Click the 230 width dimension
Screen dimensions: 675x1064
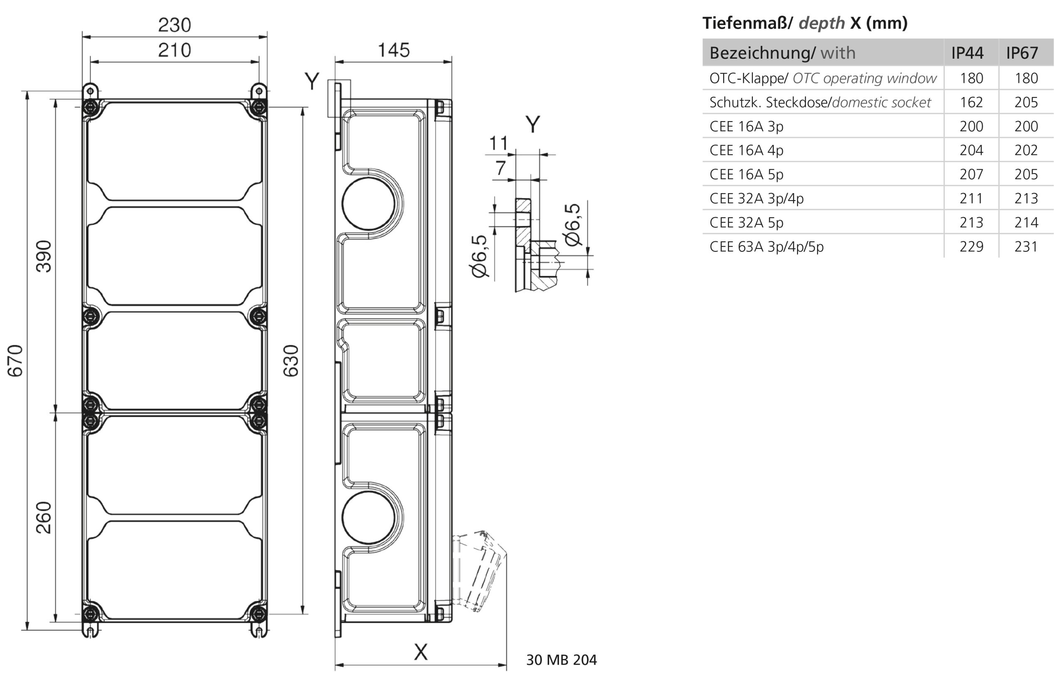pos(175,25)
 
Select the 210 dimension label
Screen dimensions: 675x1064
pos(175,50)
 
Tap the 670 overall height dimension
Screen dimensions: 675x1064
pos(15,360)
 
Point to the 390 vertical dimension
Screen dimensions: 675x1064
pos(44,256)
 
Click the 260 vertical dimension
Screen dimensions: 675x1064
pos(44,518)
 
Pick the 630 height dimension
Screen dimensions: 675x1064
pos(291,360)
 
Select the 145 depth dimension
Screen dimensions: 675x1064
pos(393,50)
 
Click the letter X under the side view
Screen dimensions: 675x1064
pos(421,652)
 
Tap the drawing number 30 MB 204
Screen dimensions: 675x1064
pos(561,660)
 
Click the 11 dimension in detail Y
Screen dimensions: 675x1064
pos(498,143)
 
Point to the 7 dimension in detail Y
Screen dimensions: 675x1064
pos(500,168)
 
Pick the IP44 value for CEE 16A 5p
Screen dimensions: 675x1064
pos(971,174)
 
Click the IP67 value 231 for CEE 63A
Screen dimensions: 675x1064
pos(1026,246)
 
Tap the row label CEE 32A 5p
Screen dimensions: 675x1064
pos(746,223)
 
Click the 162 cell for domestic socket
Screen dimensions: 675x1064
pos(971,102)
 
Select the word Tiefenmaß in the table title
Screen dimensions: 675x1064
pos(745,23)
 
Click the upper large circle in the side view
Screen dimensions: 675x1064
pos(368,203)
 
